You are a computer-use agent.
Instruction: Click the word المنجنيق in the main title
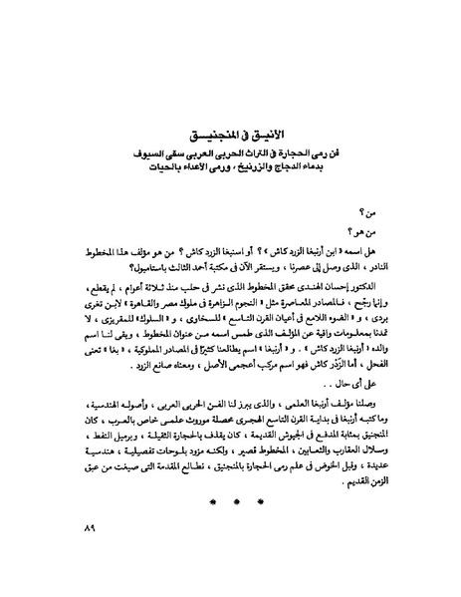click(210, 134)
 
